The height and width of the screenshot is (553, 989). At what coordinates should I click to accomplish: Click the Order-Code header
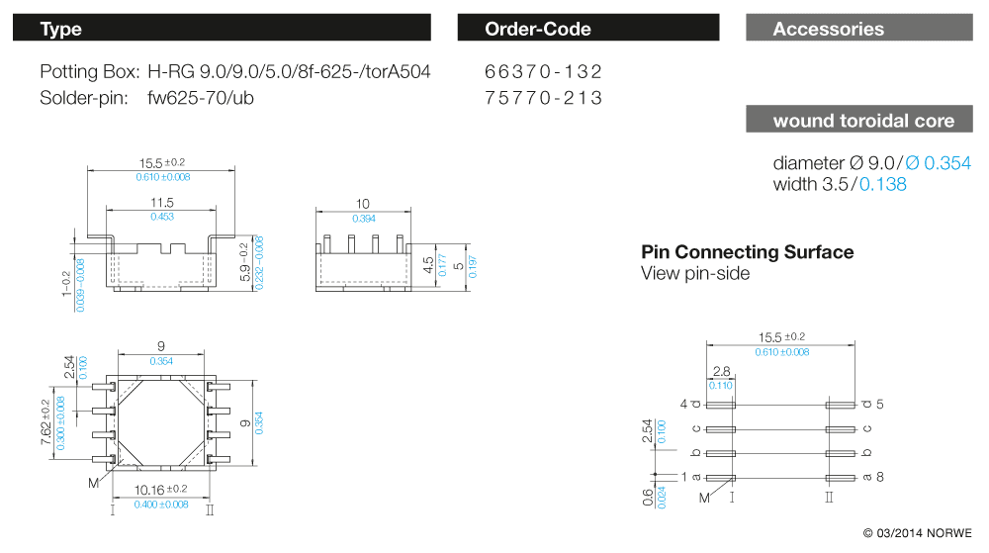tap(587, 29)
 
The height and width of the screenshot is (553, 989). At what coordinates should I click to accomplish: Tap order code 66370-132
tap(543, 72)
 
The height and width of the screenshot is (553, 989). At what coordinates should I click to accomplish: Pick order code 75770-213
tap(543, 98)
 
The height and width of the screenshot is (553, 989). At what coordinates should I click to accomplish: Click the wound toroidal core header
tap(862, 121)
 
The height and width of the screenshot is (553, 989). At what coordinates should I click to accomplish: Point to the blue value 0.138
tap(882, 184)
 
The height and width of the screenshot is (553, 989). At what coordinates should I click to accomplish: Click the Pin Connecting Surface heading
tap(747, 252)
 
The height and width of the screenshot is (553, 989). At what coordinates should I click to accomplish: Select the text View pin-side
tap(695, 274)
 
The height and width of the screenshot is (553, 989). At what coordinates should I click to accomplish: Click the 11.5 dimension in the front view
tap(161, 202)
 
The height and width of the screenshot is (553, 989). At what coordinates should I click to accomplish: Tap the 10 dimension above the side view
tap(363, 204)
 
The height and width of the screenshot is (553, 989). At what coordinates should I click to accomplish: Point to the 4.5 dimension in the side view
tap(427, 264)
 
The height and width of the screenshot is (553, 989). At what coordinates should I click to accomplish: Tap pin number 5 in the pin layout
tap(879, 404)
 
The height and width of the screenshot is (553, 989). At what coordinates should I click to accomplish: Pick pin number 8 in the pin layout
tap(879, 477)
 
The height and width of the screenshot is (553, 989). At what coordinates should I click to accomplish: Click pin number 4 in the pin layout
tap(683, 404)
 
